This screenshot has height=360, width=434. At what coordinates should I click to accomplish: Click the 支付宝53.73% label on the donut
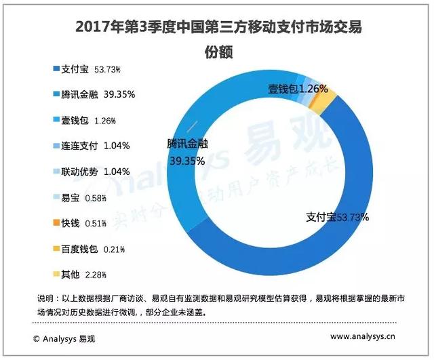pyautogui.click(x=336, y=217)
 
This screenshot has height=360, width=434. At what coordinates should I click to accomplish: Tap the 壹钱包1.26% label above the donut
pyautogui.click(x=298, y=89)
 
